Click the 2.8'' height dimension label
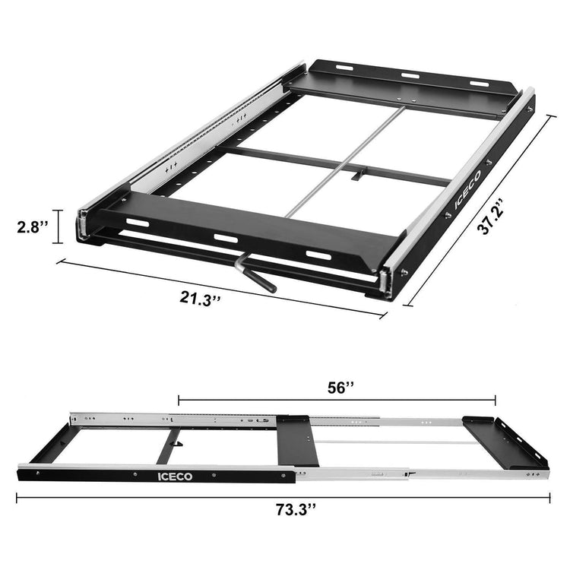(x=33, y=226)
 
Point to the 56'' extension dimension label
(x=340, y=387)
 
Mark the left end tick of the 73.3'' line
(x=16, y=498)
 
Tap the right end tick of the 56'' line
(x=496, y=398)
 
